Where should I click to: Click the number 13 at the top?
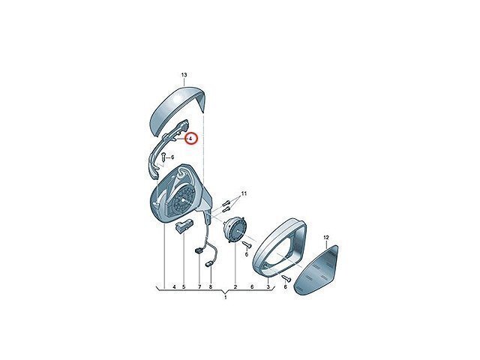click(184, 75)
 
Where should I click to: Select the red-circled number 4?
click(190, 139)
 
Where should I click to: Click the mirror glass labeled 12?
click(316, 269)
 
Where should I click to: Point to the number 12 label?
click(325, 238)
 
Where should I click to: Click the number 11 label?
click(244, 193)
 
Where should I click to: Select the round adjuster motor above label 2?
click(235, 228)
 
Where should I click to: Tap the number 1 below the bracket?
click(226, 297)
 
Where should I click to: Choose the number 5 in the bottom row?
click(184, 286)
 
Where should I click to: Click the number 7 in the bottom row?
click(199, 286)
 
